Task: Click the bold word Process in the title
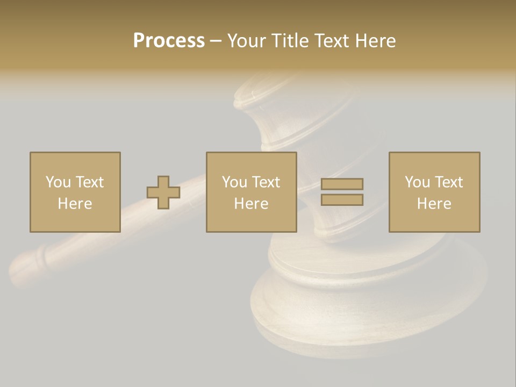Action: click(x=169, y=41)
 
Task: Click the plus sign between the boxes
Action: click(x=163, y=192)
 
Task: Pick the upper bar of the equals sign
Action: click(x=342, y=184)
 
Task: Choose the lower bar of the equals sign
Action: click(x=342, y=199)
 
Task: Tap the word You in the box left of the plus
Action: click(x=58, y=182)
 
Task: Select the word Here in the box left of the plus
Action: click(x=75, y=204)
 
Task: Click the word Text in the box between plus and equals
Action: click(x=266, y=182)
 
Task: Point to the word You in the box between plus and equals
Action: click(x=234, y=182)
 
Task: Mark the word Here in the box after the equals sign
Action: click(x=434, y=204)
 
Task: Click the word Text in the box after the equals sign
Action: click(x=448, y=182)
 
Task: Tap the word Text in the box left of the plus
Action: click(x=89, y=182)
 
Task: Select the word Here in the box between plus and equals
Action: click(x=251, y=204)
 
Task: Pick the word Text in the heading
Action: click(x=331, y=41)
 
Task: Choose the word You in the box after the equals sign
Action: click(x=417, y=182)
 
